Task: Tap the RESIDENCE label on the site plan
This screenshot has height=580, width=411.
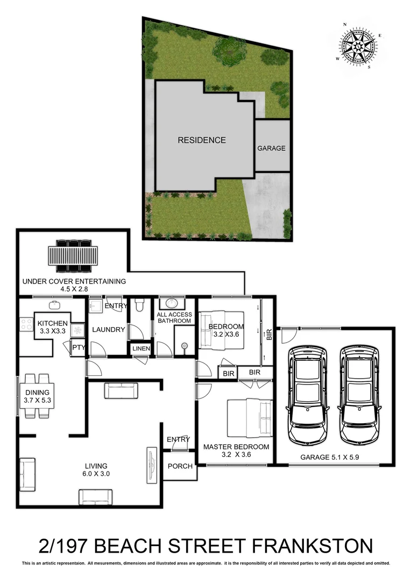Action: [x=202, y=140]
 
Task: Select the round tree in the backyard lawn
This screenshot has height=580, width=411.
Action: [x=229, y=52]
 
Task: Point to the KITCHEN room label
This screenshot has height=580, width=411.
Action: [x=52, y=323]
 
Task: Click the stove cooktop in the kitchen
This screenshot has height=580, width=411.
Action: [x=25, y=324]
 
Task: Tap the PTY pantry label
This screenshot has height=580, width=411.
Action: [x=79, y=347]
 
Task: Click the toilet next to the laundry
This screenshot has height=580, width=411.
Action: [x=139, y=306]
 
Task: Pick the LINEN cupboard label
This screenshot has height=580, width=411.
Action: [x=141, y=350]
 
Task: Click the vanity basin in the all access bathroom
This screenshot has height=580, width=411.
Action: [x=174, y=303]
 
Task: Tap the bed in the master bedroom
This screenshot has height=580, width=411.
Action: [x=250, y=418]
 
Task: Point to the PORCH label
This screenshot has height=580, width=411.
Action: [x=180, y=466]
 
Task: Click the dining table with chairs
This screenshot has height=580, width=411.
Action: [x=37, y=396]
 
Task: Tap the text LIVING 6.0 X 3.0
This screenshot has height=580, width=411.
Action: [x=95, y=470]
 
